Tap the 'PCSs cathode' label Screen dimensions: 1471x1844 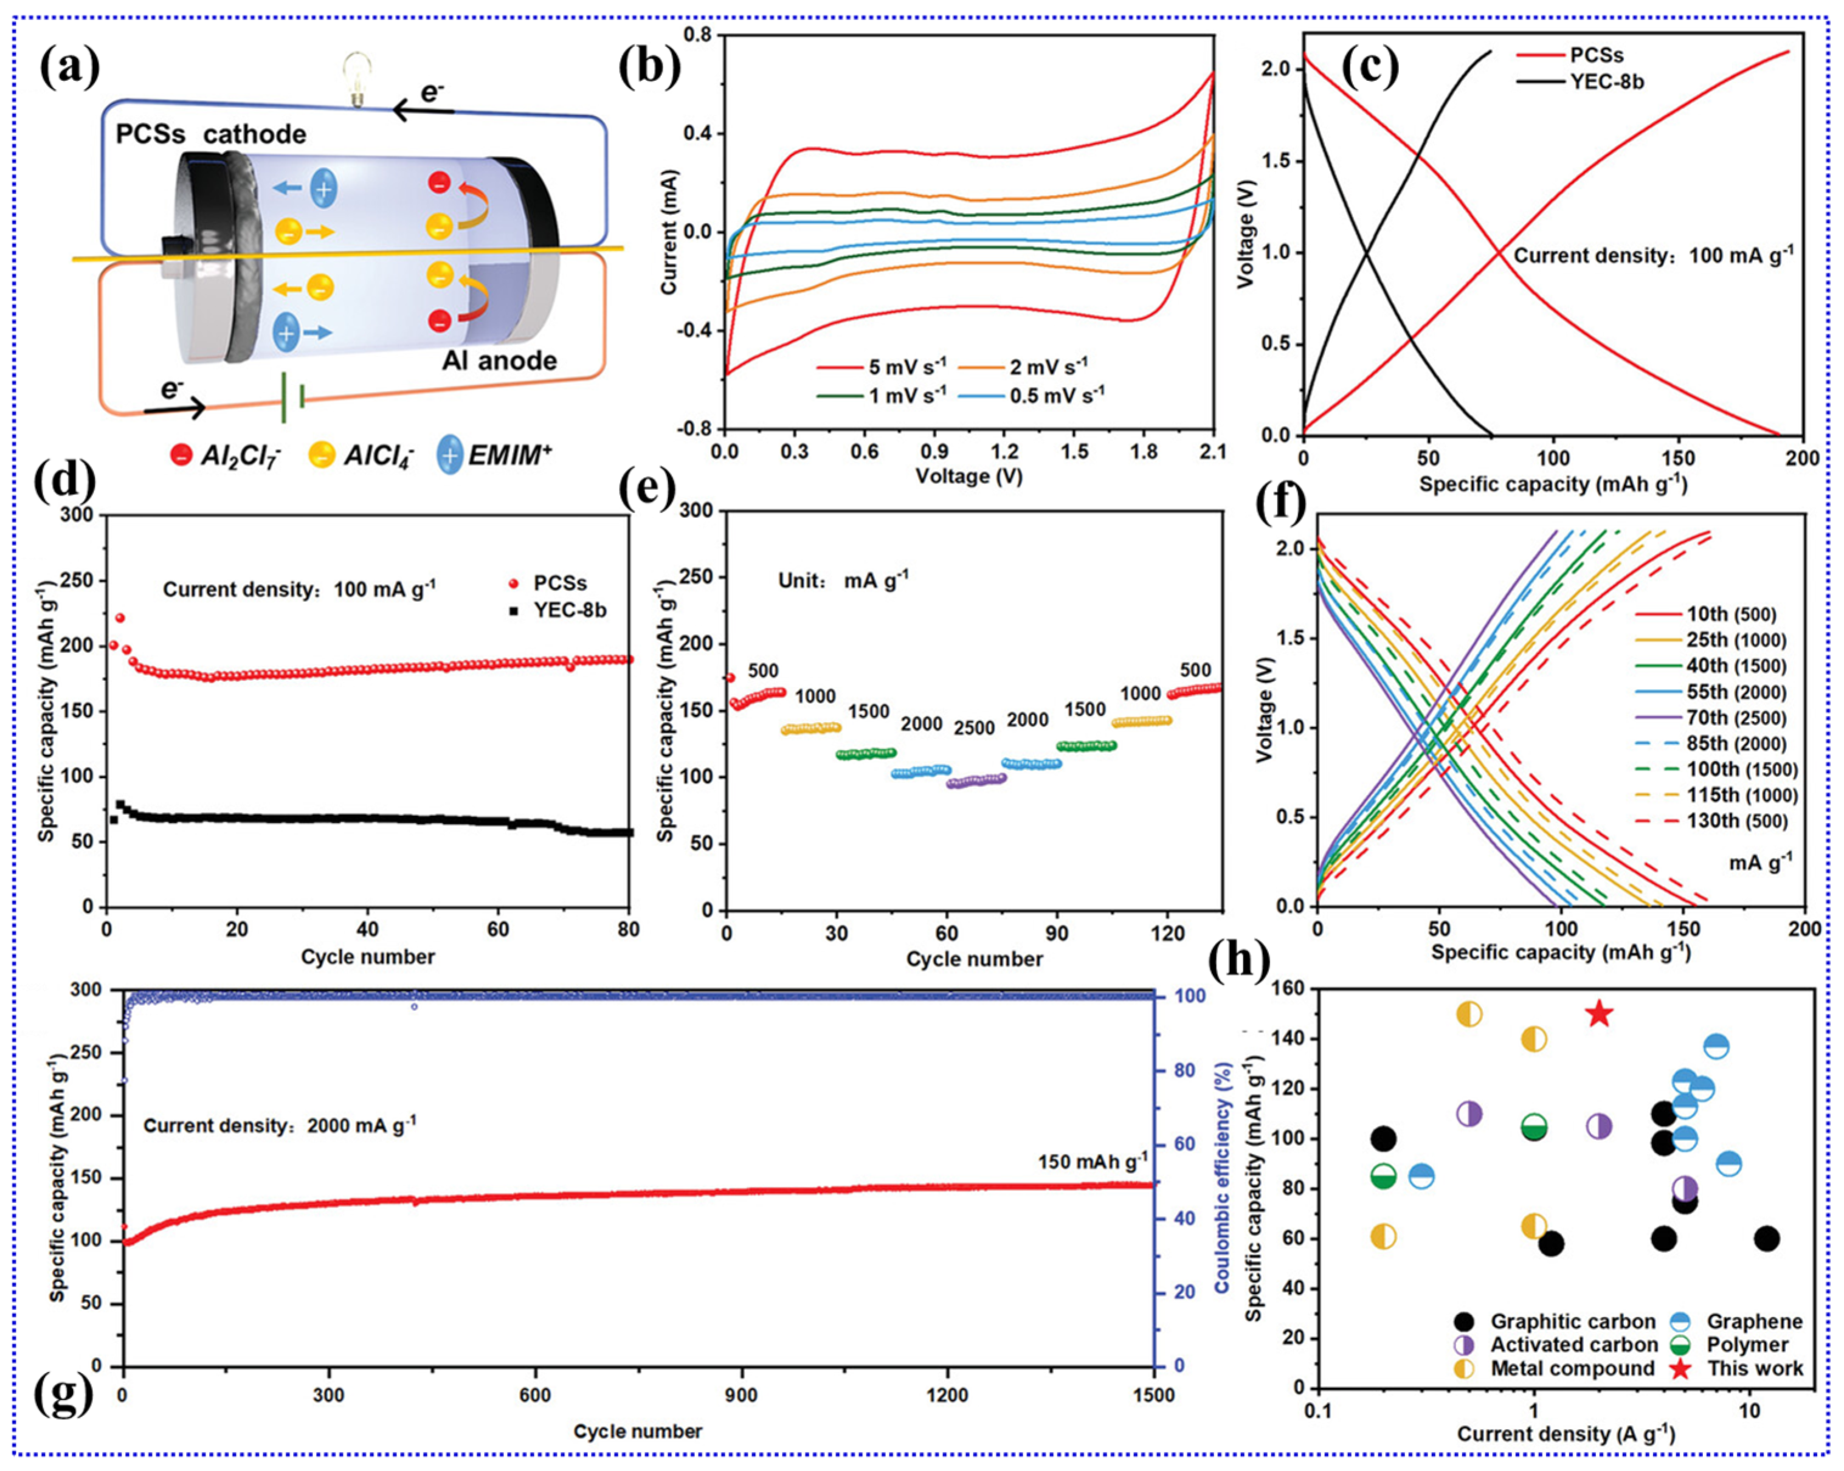[210, 134]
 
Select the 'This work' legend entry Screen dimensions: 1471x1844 [1754, 1368]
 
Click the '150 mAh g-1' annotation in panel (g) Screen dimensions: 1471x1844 [1092, 1162]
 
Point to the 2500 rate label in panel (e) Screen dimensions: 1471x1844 [974, 728]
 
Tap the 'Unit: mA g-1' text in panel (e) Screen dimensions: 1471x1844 [843, 580]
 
